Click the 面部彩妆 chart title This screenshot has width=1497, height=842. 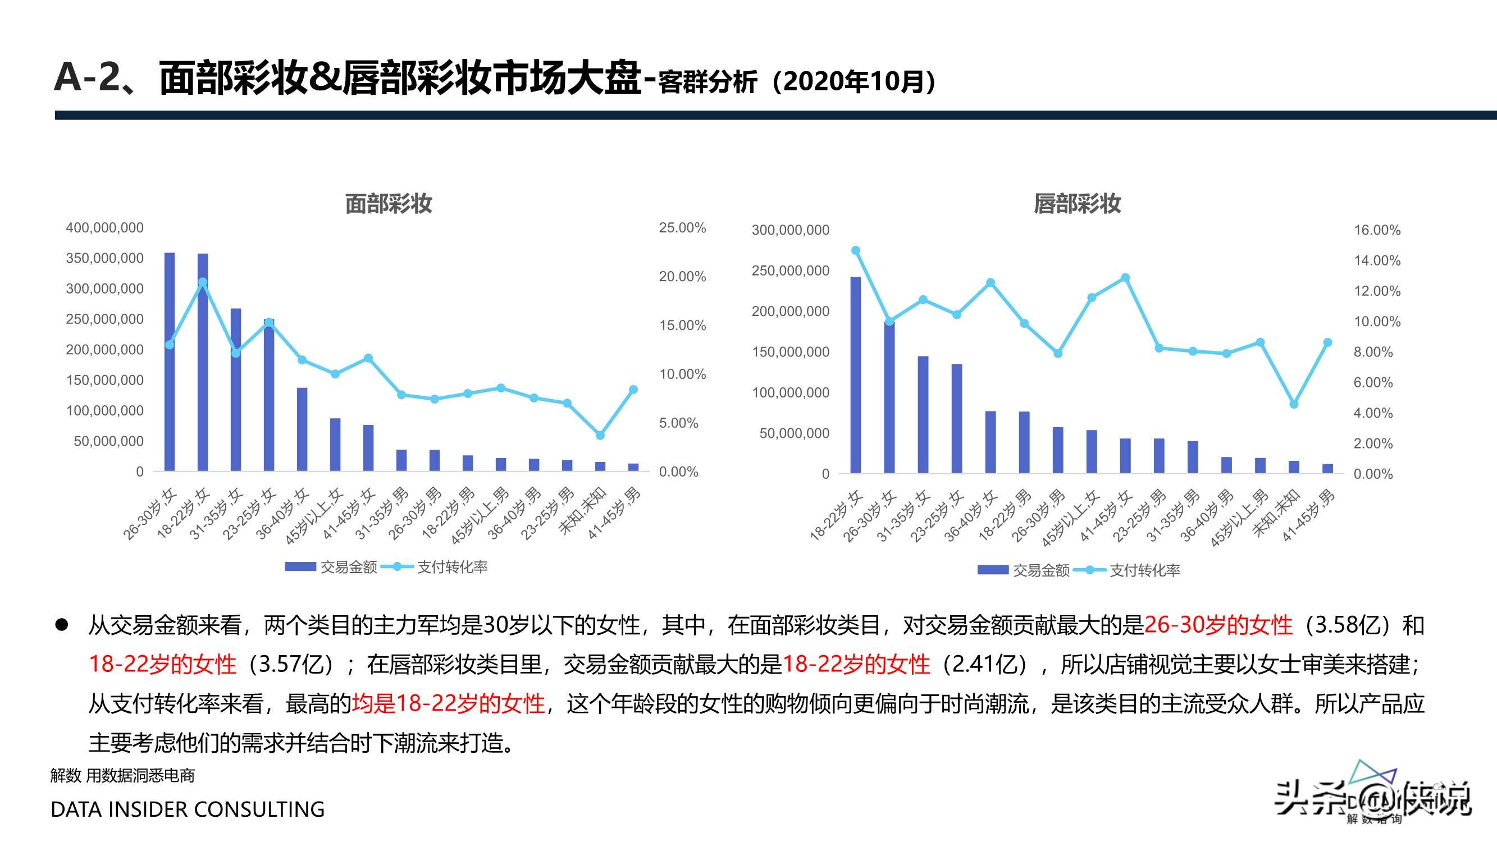point(388,204)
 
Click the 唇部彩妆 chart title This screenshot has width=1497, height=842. point(1077,204)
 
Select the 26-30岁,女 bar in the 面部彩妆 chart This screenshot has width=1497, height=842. point(170,361)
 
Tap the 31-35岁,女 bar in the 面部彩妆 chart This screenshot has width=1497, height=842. point(236,390)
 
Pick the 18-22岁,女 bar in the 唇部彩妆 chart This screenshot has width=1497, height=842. point(855,375)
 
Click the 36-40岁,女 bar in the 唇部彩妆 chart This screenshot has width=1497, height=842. point(991,442)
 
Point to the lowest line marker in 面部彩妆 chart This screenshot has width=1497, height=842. point(600,435)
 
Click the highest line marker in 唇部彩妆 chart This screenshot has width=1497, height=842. point(855,250)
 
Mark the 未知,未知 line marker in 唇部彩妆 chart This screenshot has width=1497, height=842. point(1294,404)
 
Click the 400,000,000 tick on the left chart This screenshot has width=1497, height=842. point(104,228)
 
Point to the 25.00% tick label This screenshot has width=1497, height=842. point(682,228)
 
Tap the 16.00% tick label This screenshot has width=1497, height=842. point(1377,230)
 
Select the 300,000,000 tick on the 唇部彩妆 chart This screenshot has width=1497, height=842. point(791,230)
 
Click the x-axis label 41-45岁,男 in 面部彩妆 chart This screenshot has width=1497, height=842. point(615,514)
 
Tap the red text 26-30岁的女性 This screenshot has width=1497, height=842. point(1218,625)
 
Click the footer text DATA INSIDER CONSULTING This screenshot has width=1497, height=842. point(188,809)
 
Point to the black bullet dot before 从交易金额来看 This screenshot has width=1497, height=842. point(62,625)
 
